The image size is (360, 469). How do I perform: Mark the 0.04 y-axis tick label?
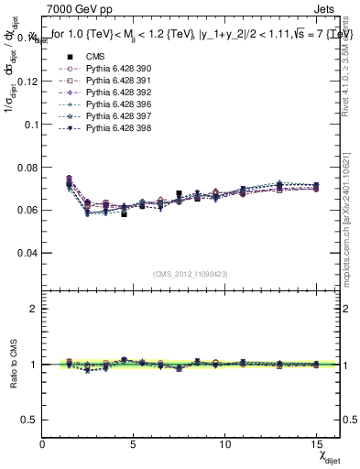click(x=27, y=252)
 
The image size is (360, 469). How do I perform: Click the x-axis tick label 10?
click(x=225, y=445)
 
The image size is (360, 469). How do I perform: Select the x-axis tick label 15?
click(x=317, y=445)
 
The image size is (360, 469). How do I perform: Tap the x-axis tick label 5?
click(x=134, y=445)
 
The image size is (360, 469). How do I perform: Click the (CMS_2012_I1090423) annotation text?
click(x=190, y=275)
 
